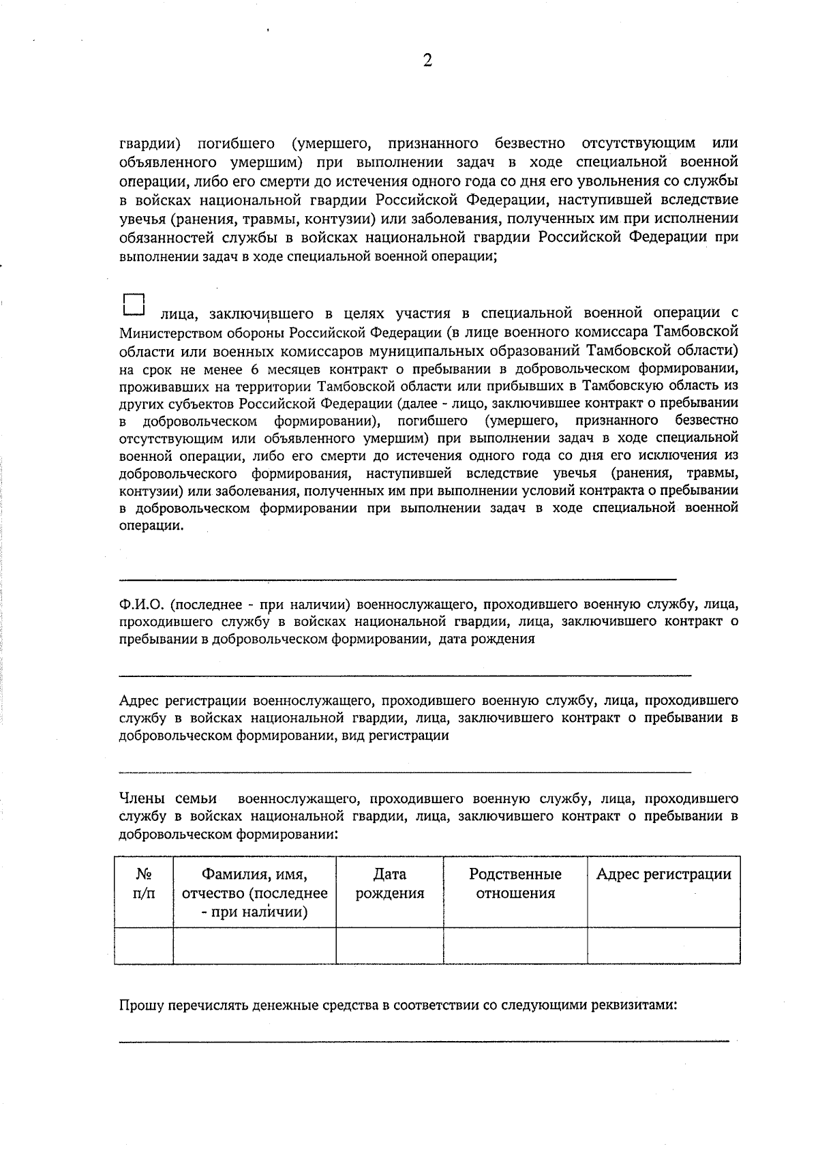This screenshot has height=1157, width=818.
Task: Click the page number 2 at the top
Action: click(427, 61)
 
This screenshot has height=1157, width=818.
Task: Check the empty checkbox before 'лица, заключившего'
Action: click(134, 305)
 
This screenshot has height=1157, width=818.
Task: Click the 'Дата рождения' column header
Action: click(389, 884)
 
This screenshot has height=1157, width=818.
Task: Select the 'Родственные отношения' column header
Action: click(515, 884)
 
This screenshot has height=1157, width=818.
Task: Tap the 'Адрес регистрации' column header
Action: click(663, 875)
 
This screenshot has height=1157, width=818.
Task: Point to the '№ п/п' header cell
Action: click(144, 884)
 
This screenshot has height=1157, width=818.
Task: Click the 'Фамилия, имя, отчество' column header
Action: click(254, 892)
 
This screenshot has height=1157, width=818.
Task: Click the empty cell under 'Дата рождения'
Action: click(389, 946)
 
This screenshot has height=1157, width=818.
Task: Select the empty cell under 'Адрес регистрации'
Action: click(663, 946)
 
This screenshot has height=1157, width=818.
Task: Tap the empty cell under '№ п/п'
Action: click(144, 946)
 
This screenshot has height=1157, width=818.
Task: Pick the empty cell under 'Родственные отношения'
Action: click(515, 946)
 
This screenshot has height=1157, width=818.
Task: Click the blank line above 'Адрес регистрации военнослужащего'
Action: click(405, 675)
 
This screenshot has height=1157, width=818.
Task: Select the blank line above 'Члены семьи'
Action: click(405, 772)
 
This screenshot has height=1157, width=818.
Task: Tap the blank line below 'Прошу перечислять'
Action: click(424, 1040)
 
